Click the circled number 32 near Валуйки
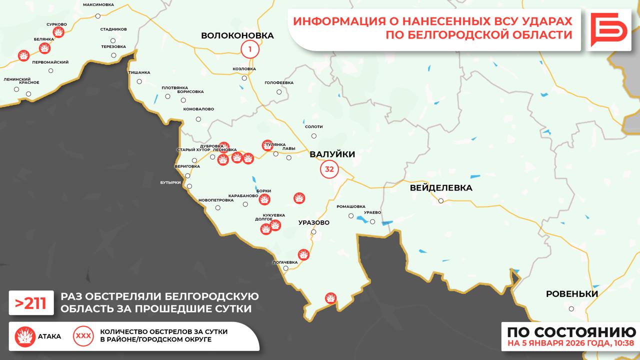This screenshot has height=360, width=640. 329,169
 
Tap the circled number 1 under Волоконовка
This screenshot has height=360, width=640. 249,49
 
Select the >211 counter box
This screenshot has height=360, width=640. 31,303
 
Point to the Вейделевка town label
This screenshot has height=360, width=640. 440,188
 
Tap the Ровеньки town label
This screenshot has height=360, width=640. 571,294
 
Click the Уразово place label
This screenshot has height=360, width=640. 313,222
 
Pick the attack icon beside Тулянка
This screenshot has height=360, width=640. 267,145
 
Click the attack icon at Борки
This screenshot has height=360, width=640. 264,199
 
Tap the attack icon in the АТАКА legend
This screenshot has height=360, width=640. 25,336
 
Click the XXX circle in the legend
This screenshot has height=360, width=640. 82,336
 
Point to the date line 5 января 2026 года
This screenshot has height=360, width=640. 570,343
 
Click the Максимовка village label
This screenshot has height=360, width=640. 98,4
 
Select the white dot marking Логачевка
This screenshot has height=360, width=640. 285,268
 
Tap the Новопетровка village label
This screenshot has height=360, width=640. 216,200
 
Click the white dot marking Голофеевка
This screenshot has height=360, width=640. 279,91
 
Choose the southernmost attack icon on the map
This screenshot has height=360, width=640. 330,298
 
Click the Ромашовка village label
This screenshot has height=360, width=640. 351,206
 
